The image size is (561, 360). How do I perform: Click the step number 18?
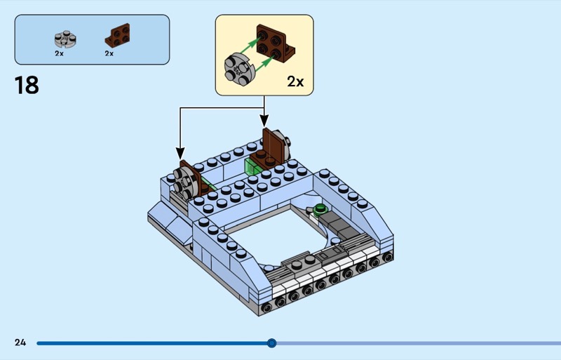pos(27,85)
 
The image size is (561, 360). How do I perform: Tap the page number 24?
pos(20,342)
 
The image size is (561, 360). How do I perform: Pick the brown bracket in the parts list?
pos(117,35)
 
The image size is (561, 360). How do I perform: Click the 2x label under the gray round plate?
pos(60,53)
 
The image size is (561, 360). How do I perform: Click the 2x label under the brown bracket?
pos(109,53)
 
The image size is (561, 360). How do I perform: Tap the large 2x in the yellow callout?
pos(295,81)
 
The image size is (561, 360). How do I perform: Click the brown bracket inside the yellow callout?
pos(276,44)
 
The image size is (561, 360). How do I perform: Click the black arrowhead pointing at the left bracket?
pos(180,153)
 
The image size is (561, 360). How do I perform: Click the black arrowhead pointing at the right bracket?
pos(265,122)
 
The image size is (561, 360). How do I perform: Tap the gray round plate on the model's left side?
pos(180,182)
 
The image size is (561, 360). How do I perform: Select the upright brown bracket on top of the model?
pos(275,144)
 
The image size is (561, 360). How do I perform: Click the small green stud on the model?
pos(320,208)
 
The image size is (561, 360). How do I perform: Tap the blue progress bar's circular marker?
pos(272,343)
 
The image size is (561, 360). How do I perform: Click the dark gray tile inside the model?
pos(344,227)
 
